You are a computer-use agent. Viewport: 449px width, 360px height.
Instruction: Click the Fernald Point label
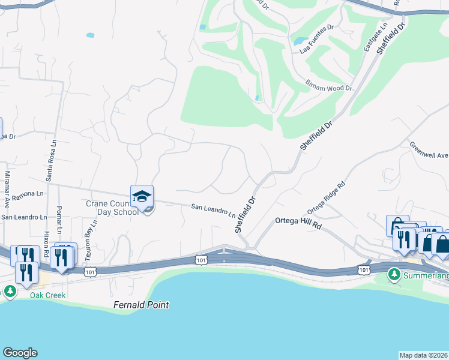pyautogui.click(x=141, y=305)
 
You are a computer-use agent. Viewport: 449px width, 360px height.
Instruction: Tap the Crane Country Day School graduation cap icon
pyautogui.click(x=142, y=196)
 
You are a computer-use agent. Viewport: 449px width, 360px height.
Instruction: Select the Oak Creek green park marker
pyautogui.click(x=10, y=292)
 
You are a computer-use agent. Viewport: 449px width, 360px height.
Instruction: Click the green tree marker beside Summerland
pyautogui.click(x=394, y=275)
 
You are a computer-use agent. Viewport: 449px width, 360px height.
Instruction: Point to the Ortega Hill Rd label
pyautogui.click(x=298, y=220)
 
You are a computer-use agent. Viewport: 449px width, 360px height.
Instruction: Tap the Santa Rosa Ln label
pyautogui.click(x=53, y=160)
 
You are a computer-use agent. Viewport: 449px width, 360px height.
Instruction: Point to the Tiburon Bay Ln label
pyautogui.click(x=91, y=239)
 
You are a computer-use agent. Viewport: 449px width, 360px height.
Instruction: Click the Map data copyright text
pyautogui.click(x=423, y=355)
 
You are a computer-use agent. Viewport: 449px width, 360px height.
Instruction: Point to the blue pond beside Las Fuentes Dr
pyautogui.click(x=298, y=41)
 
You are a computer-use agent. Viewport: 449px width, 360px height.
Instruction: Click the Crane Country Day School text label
pyautogui.click(x=112, y=208)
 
